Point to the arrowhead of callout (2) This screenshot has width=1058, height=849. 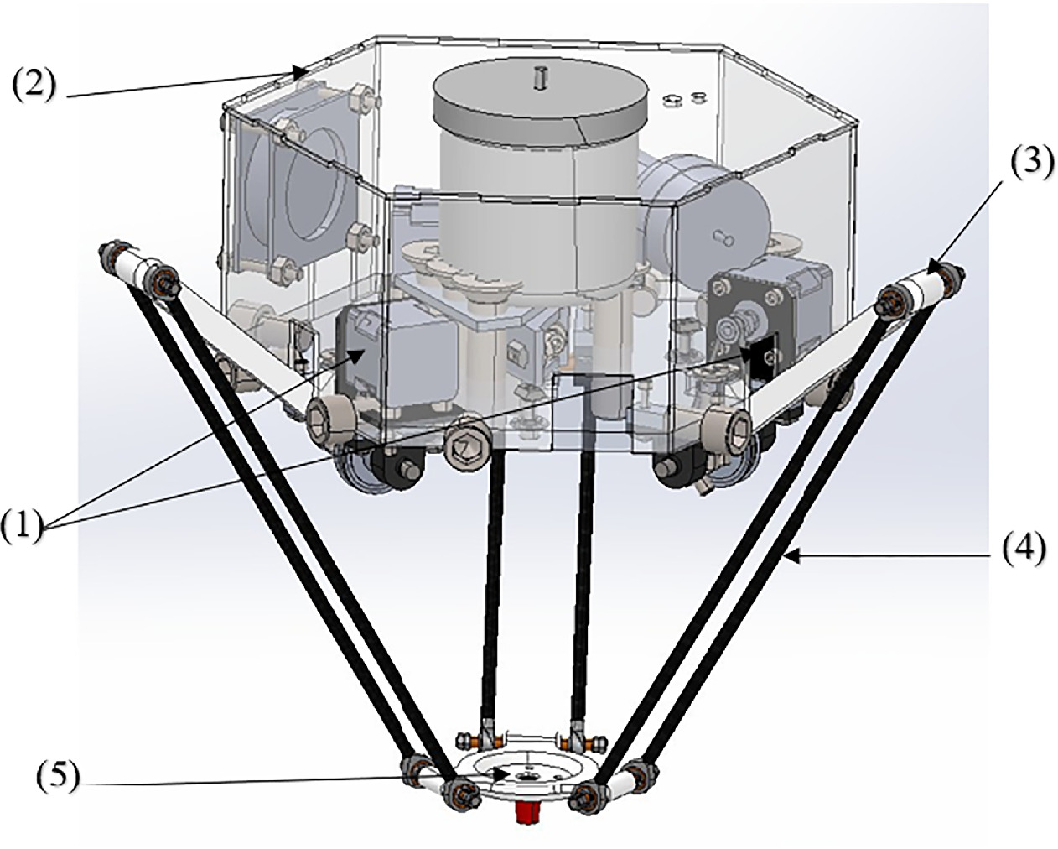tap(297, 70)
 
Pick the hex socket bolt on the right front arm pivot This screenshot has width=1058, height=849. tap(726, 424)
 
